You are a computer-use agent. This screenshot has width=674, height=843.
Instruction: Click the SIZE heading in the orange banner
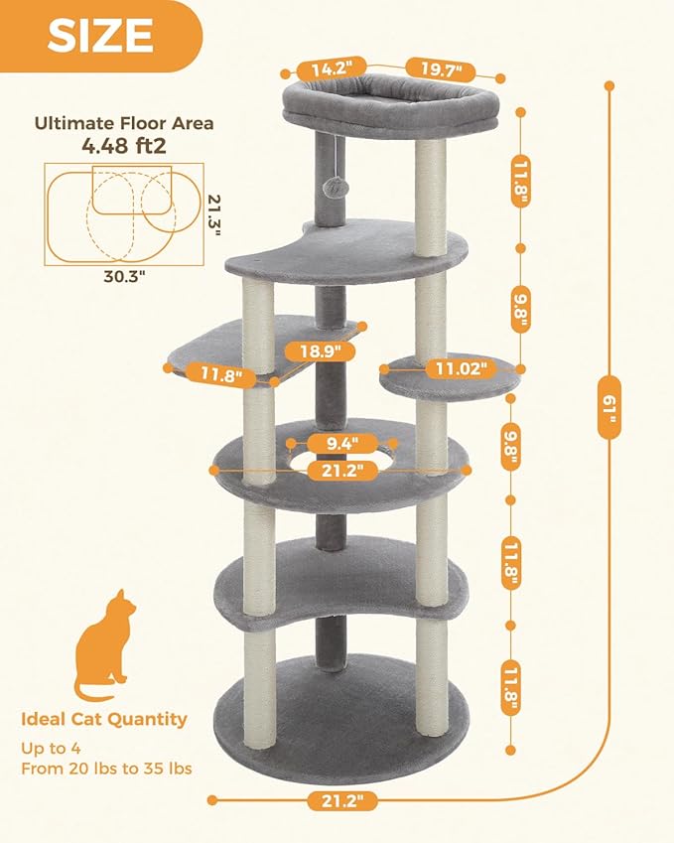point(100,36)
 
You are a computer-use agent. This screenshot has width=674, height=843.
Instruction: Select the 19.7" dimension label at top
point(439,69)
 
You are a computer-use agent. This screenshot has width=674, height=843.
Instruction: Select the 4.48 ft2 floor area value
point(124,146)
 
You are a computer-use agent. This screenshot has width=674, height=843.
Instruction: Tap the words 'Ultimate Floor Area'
point(124,124)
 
